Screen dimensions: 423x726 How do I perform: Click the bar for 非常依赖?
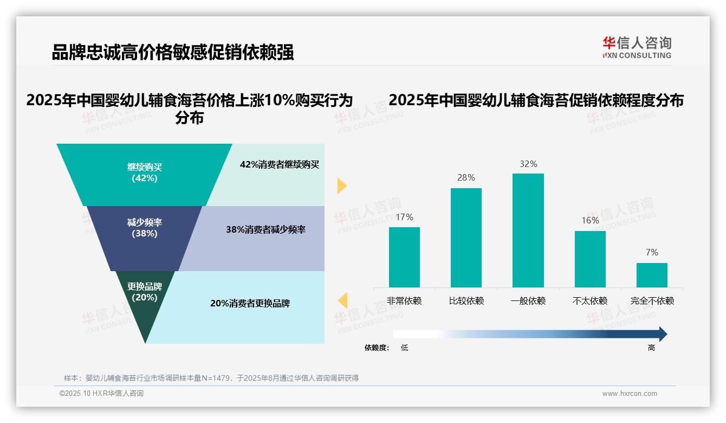(x=404, y=257)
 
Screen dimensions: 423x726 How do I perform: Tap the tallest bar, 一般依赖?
(x=528, y=230)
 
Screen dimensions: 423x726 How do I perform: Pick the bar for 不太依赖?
(x=590, y=259)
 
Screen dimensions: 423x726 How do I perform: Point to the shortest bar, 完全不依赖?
(x=652, y=275)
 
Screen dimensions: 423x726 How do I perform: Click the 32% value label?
(x=528, y=164)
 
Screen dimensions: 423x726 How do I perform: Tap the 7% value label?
(x=652, y=253)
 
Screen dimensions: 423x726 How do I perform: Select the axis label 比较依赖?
(x=466, y=301)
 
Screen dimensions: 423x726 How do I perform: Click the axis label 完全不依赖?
(x=652, y=301)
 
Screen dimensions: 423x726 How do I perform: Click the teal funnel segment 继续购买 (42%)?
(x=144, y=174)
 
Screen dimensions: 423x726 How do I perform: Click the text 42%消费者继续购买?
(x=280, y=165)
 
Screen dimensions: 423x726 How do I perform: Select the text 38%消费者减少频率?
(x=265, y=230)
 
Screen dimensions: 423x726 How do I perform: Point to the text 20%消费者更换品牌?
(x=250, y=304)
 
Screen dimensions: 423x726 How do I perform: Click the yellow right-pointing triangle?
(x=341, y=185)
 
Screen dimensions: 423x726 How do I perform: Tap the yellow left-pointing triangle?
(x=342, y=300)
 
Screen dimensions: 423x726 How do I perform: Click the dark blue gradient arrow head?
(x=662, y=334)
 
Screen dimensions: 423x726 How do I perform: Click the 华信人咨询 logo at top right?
(x=637, y=47)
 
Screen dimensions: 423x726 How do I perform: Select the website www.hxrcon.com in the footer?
(x=629, y=394)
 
